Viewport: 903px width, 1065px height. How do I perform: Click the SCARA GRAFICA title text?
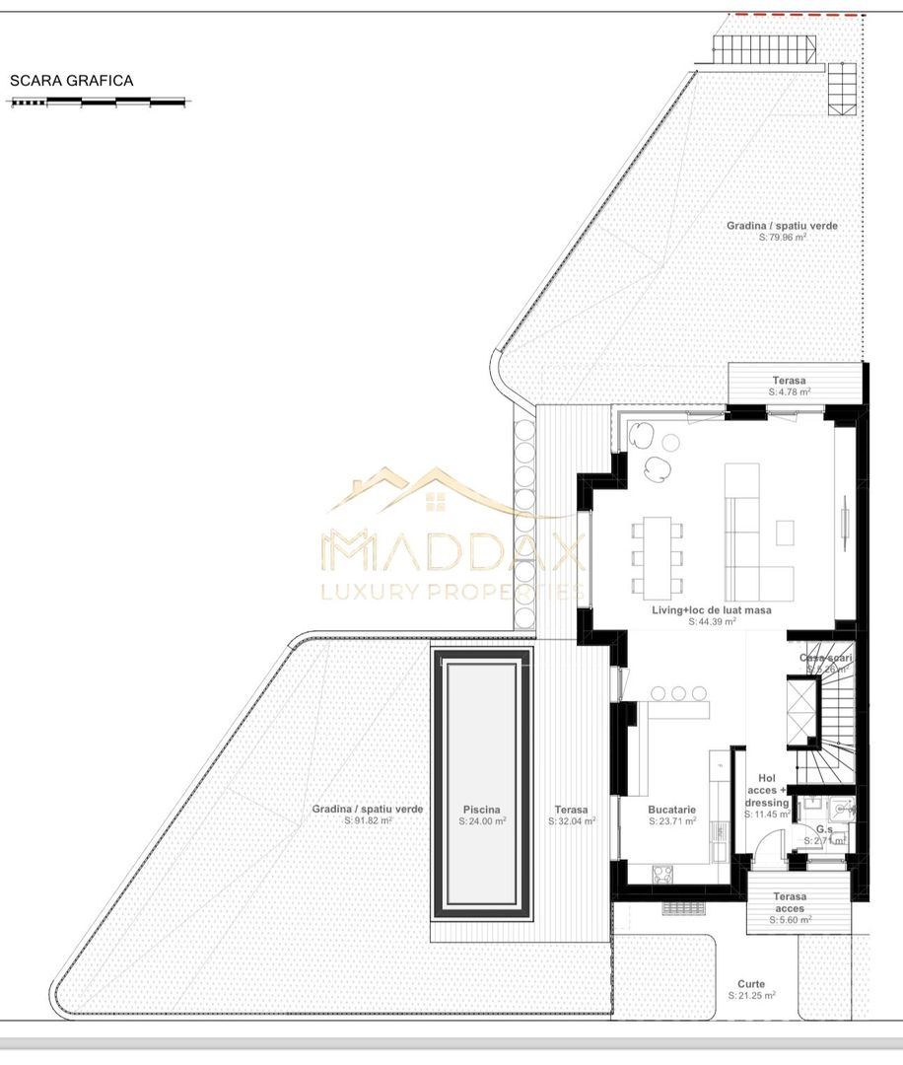[x=71, y=81]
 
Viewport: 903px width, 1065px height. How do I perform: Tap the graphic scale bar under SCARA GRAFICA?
[x=99, y=102]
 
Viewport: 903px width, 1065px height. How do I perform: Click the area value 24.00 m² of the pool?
[x=483, y=821]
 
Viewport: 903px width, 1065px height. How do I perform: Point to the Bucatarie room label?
[x=672, y=810]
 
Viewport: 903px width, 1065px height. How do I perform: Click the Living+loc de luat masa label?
[x=711, y=610]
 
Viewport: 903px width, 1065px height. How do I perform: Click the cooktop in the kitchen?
[x=662, y=872]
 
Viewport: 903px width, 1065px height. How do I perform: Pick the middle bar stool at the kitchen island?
[x=679, y=693]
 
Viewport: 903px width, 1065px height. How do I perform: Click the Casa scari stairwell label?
[x=825, y=657]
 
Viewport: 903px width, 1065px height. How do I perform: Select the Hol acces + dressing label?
[x=767, y=790]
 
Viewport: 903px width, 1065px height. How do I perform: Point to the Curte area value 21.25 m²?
[x=751, y=996]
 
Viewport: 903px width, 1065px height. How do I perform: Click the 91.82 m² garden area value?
[x=368, y=821]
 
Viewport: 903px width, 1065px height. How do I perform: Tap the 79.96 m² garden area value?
[x=783, y=238]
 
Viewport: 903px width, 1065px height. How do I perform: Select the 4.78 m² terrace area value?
[x=790, y=392]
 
